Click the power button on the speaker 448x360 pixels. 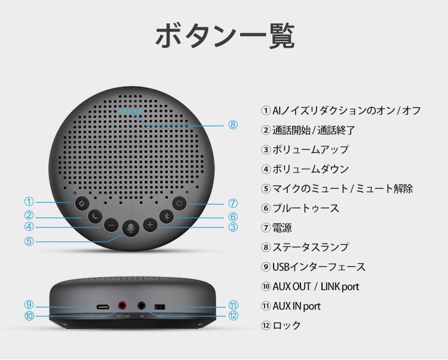(x=179, y=203)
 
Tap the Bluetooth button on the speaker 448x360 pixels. (x=167, y=216)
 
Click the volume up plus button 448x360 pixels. (x=150, y=225)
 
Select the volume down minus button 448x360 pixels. (x=111, y=225)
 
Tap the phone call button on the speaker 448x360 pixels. (x=95, y=217)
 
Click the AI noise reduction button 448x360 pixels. (x=82, y=204)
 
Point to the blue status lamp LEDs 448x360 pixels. (x=130, y=111)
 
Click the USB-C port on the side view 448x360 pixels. (x=103, y=307)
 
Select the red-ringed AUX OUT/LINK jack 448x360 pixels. (x=122, y=306)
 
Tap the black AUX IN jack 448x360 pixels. (x=142, y=306)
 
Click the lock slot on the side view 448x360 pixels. (x=159, y=307)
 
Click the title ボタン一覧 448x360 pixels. (x=225, y=36)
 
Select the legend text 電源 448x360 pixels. (x=282, y=228)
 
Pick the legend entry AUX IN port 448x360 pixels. (x=296, y=306)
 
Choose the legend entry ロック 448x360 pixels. (x=287, y=325)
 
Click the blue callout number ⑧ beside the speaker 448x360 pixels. (x=233, y=125)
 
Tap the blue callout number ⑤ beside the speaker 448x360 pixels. (x=29, y=241)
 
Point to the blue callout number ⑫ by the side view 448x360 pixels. (x=233, y=315)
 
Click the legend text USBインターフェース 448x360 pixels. (x=319, y=267)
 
